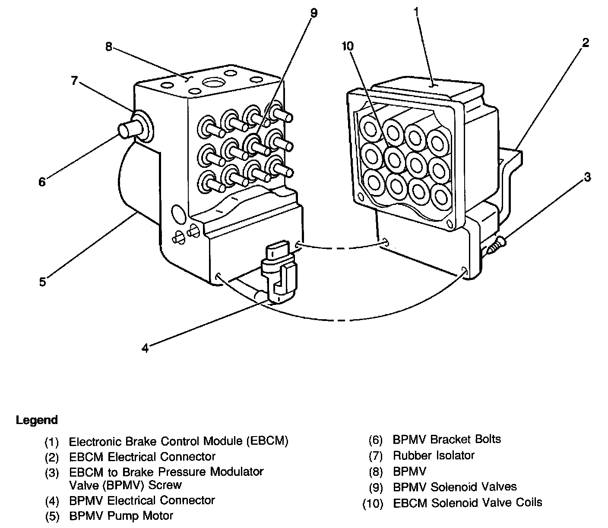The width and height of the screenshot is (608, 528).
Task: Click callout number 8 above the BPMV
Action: pos(109,47)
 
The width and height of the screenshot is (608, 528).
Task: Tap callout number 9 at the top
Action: pos(314,13)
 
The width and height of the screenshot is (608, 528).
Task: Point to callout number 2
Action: pos(585,43)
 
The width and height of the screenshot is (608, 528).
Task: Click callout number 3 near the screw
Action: pos(587,177)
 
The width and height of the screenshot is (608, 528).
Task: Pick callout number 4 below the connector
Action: pos(146,348)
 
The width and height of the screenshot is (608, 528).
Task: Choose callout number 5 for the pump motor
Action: pos(42,282)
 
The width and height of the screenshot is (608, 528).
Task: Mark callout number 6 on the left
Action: pos(41,182)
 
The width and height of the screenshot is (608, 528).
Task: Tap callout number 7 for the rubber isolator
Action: pos(74,81)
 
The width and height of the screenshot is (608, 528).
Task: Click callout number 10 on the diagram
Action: pos(348,46)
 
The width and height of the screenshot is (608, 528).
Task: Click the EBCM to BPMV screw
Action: pos(497,245)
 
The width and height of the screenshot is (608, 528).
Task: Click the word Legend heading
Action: pos(37,420)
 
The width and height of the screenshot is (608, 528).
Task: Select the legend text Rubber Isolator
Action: pos(434,456)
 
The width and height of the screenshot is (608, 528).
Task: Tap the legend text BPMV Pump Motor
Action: pos(121,516)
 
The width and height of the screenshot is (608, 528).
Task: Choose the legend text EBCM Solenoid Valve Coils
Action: pos(467,503)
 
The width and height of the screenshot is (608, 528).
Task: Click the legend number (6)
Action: pos(376,440)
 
